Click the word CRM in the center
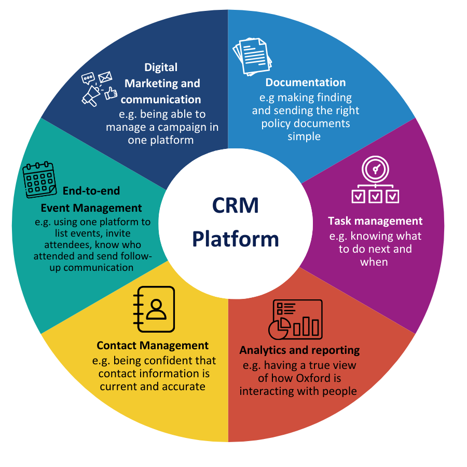point(235,206)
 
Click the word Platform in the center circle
point(235,239)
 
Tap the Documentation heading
point(305,83)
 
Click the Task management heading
point(375,221)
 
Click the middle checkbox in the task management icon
point(375,196)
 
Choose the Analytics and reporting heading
point(299,350)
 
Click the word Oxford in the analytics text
point(313,378)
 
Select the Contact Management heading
point(153,346)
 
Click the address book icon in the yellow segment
point(154,309)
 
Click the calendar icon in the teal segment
point(39,180)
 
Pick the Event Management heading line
point(91,208)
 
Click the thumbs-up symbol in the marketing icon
point(111,94)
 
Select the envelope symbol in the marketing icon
point(105,78)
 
